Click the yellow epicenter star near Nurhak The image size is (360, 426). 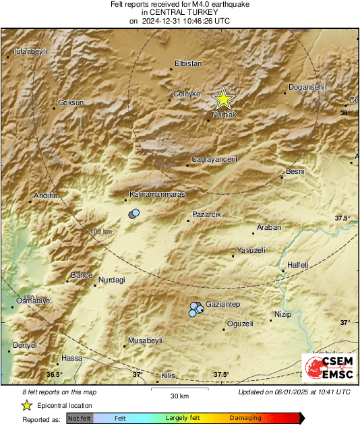click(x=223, y=100)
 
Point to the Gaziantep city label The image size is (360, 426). click(x=222, y=305)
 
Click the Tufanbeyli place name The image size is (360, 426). click(x=32, y=51)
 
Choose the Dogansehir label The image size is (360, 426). click(x=307, y=88)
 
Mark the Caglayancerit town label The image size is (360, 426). click(x=215, y=159)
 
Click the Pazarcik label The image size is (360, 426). click(x=206, y=214)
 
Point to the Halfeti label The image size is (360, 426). click(x=297, y=266)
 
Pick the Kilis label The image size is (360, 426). click(x=169, y=375)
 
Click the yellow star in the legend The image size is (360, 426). click(x=26, y=405)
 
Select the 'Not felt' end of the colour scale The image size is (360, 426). click(x=80, y=419)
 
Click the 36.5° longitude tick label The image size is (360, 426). click(x=54, y=374)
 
